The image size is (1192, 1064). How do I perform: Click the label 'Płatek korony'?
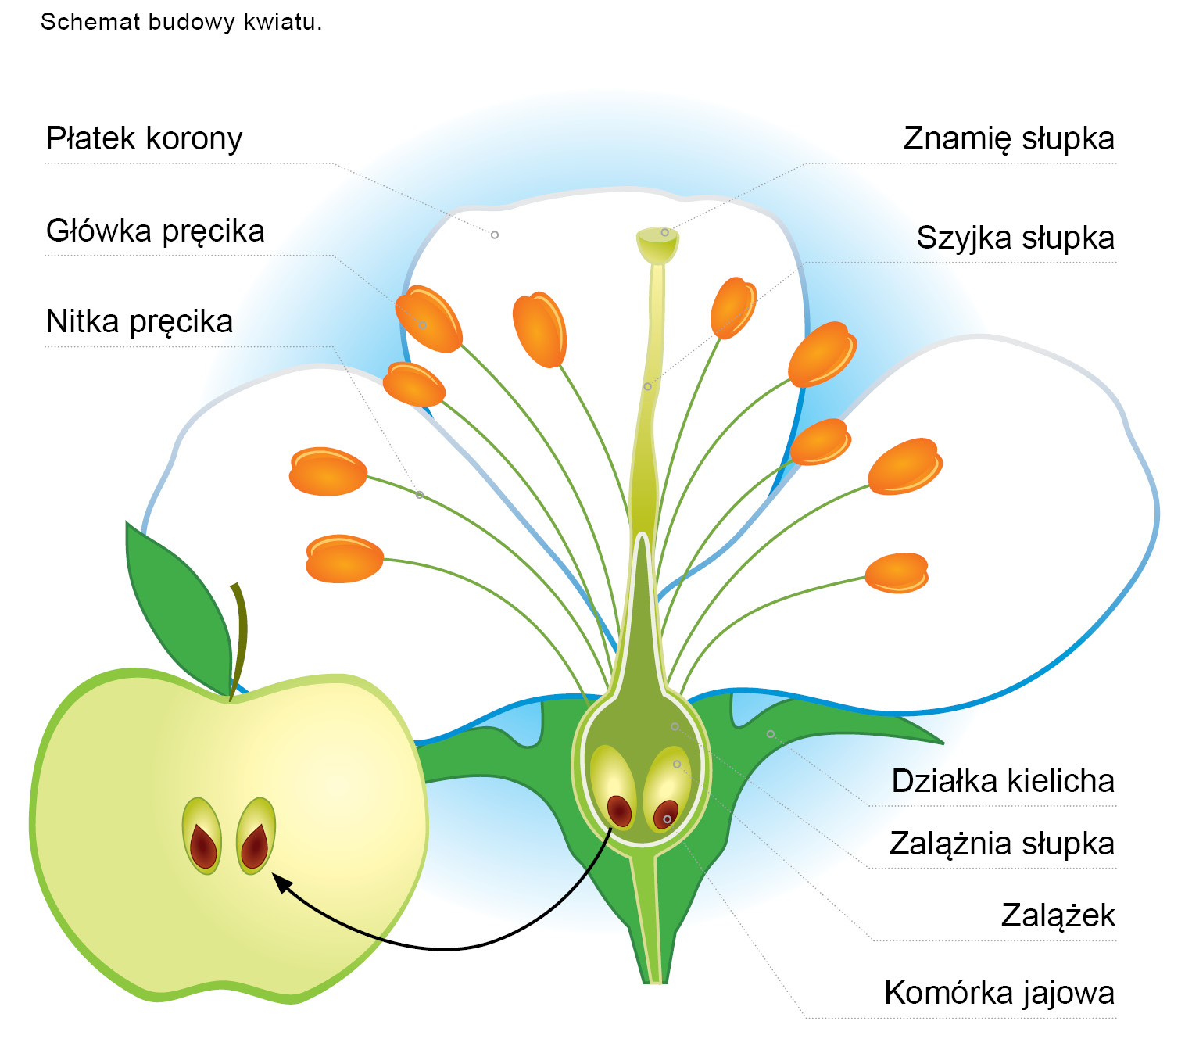pyautogui.click(x=144, y=139)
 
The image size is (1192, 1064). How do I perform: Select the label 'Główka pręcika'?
pyautogui.click(x=155, y=231)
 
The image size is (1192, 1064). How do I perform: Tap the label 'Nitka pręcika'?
pyautogui.click(x=139, y=322)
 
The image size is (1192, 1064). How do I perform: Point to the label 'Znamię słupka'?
pyautogui.click(x=1008, y=139)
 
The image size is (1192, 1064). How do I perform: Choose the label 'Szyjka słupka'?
pyautogui.click(x=1015, y=238)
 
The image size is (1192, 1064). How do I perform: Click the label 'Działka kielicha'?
pyautogui.click(x=1002, y=781)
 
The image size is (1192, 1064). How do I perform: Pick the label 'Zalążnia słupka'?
pyautogui.click(x=1001, y=844)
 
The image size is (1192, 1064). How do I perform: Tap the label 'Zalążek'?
pyautogui.click(x=1058, y=915)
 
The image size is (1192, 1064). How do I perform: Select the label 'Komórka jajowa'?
pyautogui.click(x=999, y=993)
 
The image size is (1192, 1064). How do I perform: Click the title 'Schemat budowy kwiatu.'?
pyautogui.click(x=181, y=22)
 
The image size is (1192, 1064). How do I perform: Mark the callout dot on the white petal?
pyautogui.click(x=495, y=235)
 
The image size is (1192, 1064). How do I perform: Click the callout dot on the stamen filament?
pyautogui.click(x=420, y=495)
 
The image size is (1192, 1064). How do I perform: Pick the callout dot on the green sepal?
pyautogui.click(x=771, y=734)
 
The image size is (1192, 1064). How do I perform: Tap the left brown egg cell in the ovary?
pyautogui.click(x=620, y=810)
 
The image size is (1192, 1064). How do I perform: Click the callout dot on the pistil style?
pyautogui.click(x=647, y=386)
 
